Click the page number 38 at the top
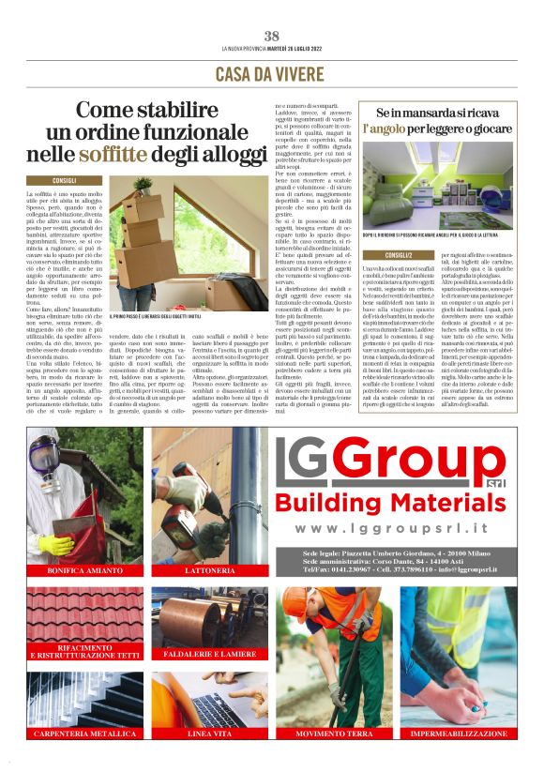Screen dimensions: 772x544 [x=272, y=37]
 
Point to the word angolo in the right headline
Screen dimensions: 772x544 [x=385, y=126]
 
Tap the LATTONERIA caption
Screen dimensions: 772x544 [x=210, y=570]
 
